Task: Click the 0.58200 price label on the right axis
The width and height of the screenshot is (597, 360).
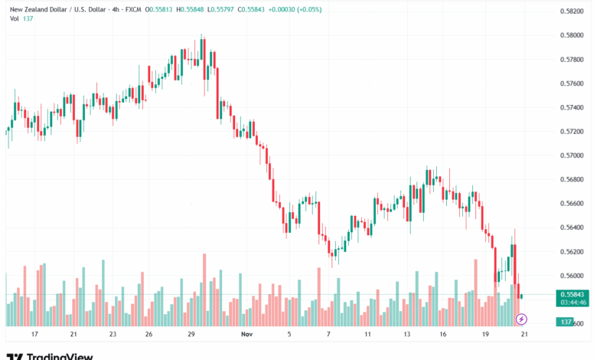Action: point(572,11)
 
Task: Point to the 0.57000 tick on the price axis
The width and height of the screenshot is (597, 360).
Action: point(572,155)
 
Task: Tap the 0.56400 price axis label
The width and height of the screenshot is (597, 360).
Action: point(572,227)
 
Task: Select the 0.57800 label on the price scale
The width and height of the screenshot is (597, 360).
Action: point(572,59)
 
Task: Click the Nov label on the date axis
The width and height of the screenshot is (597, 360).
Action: point(246,335)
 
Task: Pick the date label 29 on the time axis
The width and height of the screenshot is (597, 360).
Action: point(191,335)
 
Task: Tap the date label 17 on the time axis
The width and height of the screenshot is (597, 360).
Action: point(34,335)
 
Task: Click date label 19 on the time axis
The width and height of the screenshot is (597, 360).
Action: point(485,335)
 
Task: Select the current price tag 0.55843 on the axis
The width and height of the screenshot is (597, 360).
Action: point(572,295)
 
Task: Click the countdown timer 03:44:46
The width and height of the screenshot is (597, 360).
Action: point(572,303)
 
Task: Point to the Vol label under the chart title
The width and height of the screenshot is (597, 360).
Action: point(14,19)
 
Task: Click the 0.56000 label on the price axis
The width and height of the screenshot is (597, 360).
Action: point(572,276)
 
